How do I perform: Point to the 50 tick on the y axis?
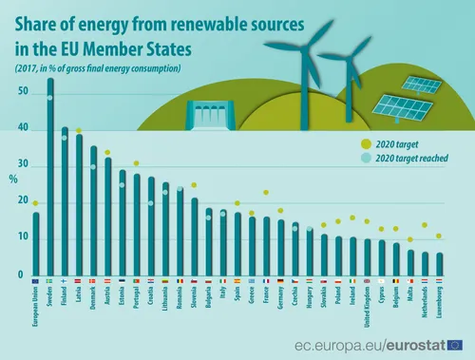(x=22, y=91)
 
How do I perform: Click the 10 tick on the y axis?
(x=22, y=239)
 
